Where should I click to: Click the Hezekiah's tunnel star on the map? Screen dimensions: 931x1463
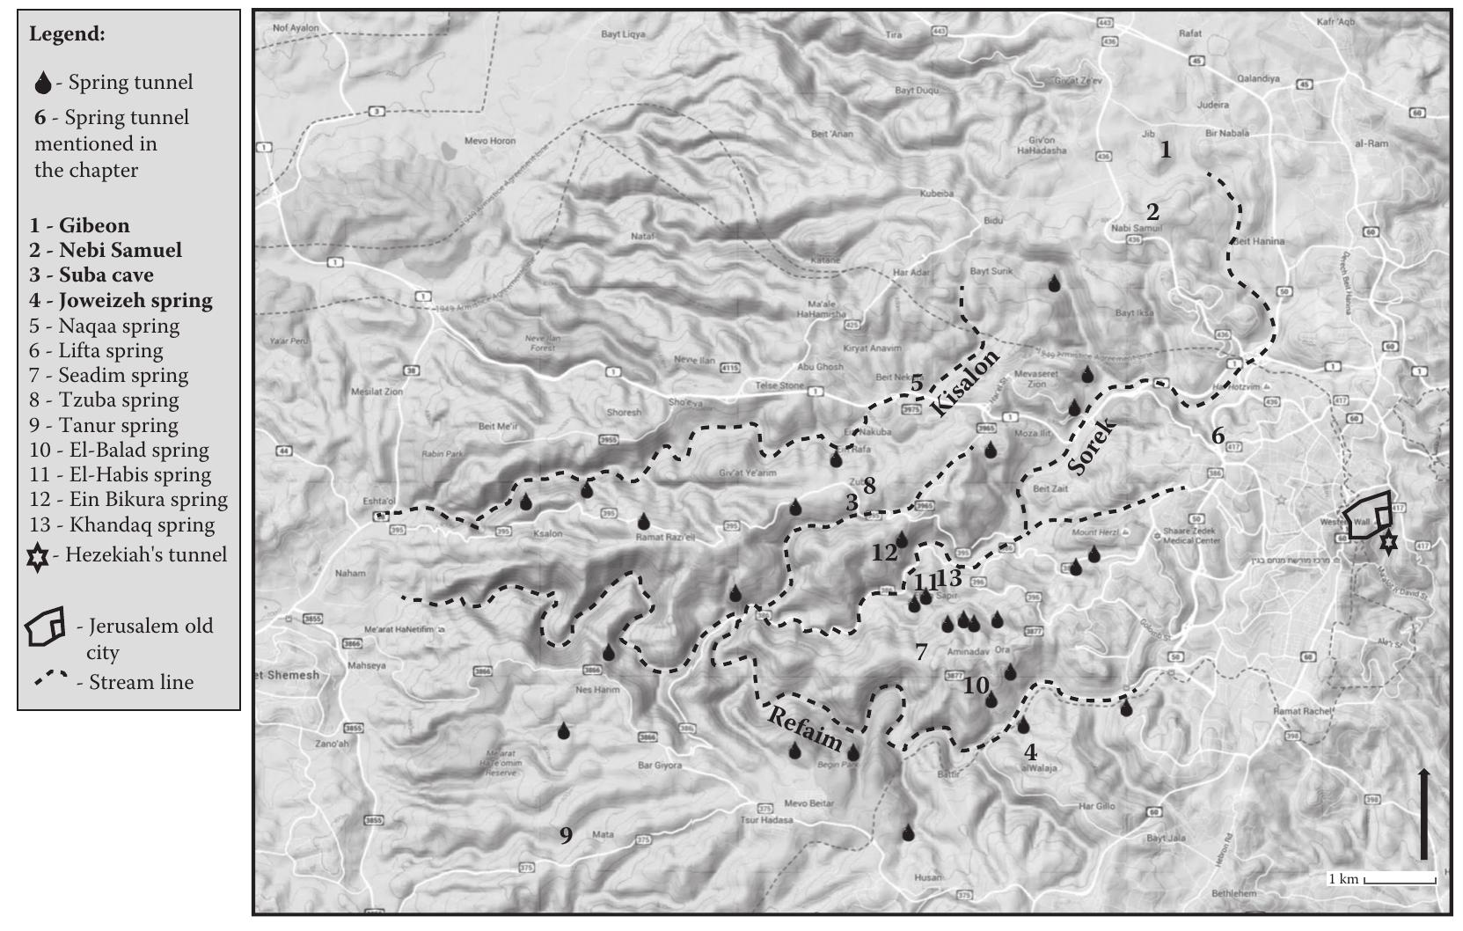point(1387,540)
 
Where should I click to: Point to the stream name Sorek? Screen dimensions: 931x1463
point(1091,447)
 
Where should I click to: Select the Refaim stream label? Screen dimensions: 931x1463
point(804,727)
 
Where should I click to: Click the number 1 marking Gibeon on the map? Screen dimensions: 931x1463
point(1166,150)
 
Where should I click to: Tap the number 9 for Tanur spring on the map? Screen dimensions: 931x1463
point(566,834)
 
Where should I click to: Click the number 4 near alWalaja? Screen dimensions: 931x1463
point(1030,752)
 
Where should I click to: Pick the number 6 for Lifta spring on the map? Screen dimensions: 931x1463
point(1218,435)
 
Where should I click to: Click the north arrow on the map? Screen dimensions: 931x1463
point(1423,813)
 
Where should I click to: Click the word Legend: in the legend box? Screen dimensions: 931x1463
point(67,34)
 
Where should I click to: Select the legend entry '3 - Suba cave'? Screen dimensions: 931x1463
point(91,275)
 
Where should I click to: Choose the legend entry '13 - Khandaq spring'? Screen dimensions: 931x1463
point(121,524)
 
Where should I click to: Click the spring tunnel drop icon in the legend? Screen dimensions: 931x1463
point(42,84)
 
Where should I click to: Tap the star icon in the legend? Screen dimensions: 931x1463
point(38,556)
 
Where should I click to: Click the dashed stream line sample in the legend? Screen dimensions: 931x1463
point(52,680)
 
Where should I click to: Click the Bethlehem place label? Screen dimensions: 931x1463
point(1233,893)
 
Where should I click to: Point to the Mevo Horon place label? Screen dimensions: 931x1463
point(489,141)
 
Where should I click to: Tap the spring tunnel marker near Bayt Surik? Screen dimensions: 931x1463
point(1054,283)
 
